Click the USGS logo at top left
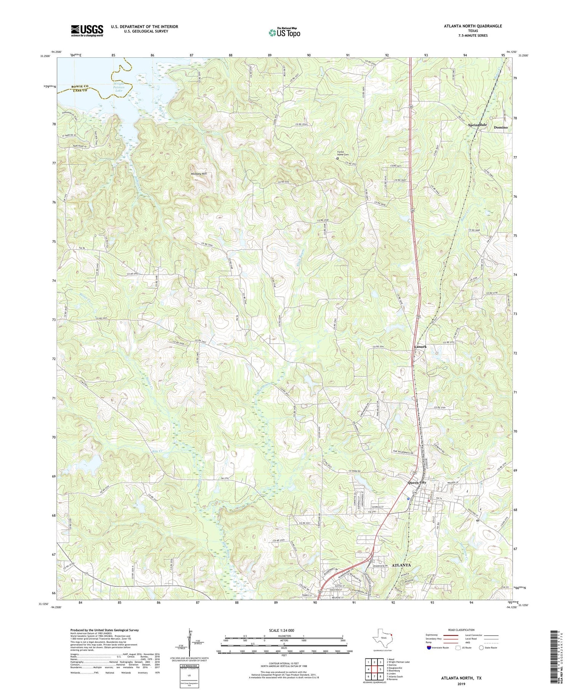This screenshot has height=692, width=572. [87, 31]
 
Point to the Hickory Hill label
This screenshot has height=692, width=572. [199, 174]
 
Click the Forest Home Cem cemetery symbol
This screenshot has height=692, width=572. [337, 158]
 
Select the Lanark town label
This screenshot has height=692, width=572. [420, 347]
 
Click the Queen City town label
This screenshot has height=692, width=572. [418, 482]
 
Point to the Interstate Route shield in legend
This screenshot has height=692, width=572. [429, 648]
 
